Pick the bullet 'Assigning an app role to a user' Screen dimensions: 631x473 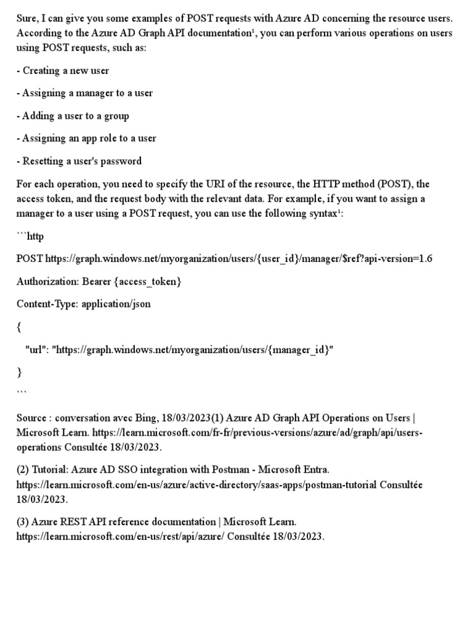pos(86,138)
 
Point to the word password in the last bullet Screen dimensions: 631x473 pos(123,161)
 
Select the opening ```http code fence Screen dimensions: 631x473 pos(30,236)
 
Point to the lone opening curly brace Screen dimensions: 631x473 pos(19,327)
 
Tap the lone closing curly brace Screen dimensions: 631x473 pos(19,372)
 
